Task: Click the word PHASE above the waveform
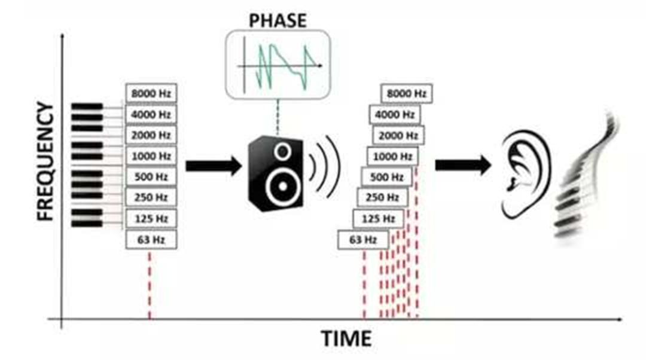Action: coord(277,20)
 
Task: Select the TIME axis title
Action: coord(346,338)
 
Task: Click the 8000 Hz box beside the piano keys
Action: coord(151,93)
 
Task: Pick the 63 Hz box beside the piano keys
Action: coord(151,240)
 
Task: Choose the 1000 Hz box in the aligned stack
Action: coord(151,156)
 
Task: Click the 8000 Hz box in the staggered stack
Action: coord(406,93)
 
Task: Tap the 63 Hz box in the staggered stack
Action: coord(363,240)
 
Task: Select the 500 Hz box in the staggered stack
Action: coord(388,177)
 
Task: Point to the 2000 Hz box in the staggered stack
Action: coord(398,135)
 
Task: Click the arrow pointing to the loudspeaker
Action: coord(212,166)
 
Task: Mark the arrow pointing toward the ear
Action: coord(462,165)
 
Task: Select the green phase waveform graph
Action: coord(278,65)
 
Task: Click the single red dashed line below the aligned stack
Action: coord(149,284)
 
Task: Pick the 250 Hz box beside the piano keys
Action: coord(151,198)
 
